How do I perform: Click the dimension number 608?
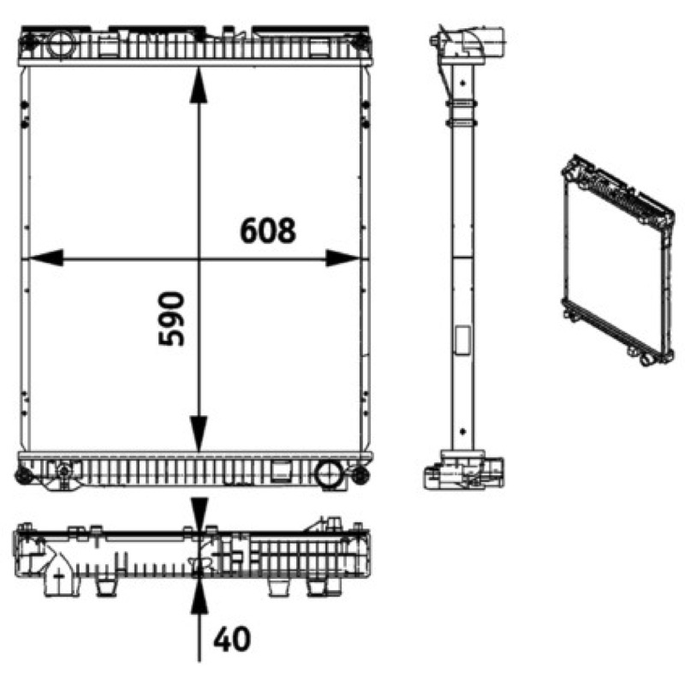tap(268, 230)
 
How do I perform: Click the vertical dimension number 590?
tap(171, 319)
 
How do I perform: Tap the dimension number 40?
tap(232, 639)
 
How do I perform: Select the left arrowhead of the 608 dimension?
tap(46, 259)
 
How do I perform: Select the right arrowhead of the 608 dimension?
tap(342, 259)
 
